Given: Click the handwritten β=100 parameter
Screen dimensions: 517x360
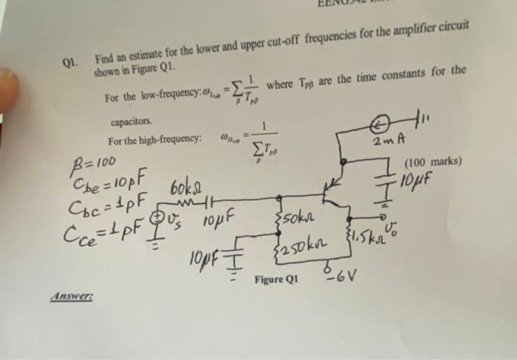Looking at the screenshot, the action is point(94,160).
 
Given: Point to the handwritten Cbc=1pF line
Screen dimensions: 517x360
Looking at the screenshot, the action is point(111,197).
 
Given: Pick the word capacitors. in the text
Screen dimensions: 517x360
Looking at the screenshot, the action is point(131,121).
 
